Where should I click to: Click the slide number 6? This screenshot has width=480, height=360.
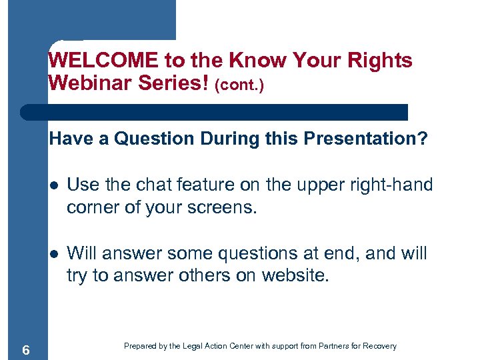tap(25, 349)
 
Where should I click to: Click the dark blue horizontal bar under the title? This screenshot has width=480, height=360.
tap(213, 111)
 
